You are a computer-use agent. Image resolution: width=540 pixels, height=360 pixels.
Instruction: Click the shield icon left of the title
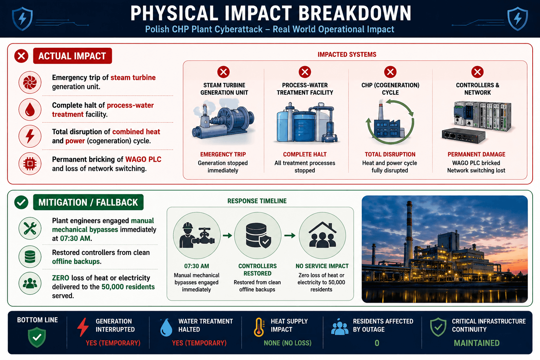coord(22,19)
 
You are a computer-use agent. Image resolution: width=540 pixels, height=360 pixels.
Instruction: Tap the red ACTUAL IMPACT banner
coord(72,56)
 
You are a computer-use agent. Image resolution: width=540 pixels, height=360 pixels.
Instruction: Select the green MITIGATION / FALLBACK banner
coord(88,202)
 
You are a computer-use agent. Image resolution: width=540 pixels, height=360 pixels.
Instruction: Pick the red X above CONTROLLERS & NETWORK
coord(477,72)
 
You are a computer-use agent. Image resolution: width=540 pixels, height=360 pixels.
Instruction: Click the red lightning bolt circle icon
coord(30,136)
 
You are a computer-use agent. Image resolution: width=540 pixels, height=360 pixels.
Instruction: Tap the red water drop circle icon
coord(30,109)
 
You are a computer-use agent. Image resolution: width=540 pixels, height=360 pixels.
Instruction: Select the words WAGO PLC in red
coord(143,159)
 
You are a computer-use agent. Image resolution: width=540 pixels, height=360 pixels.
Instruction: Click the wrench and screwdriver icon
coord(30,229)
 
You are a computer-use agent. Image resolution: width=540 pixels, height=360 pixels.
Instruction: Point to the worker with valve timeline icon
coord(197,236)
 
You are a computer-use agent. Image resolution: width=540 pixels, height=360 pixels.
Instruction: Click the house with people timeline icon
coord(322,236)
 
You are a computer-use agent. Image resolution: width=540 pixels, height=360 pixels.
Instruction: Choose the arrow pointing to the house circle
coord(290,235)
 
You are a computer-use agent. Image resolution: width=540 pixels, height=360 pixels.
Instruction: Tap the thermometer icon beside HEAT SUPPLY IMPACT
coord(259,327)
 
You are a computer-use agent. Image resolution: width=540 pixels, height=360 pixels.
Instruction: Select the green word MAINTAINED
coord(477,343)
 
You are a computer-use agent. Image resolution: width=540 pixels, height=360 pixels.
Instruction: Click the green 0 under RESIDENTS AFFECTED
coord(377,343)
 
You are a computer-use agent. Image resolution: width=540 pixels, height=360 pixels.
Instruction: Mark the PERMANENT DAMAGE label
coord(476,154)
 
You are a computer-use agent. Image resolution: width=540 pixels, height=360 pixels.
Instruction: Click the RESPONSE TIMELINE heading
coord(257,201)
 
